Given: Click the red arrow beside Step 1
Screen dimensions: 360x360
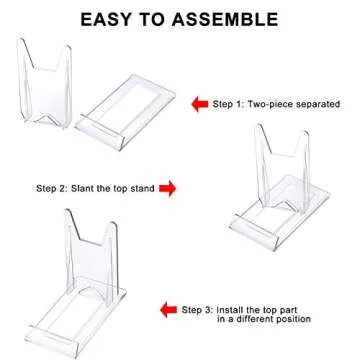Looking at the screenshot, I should point(199,103).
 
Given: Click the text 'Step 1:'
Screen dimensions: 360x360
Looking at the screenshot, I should point(232,103).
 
